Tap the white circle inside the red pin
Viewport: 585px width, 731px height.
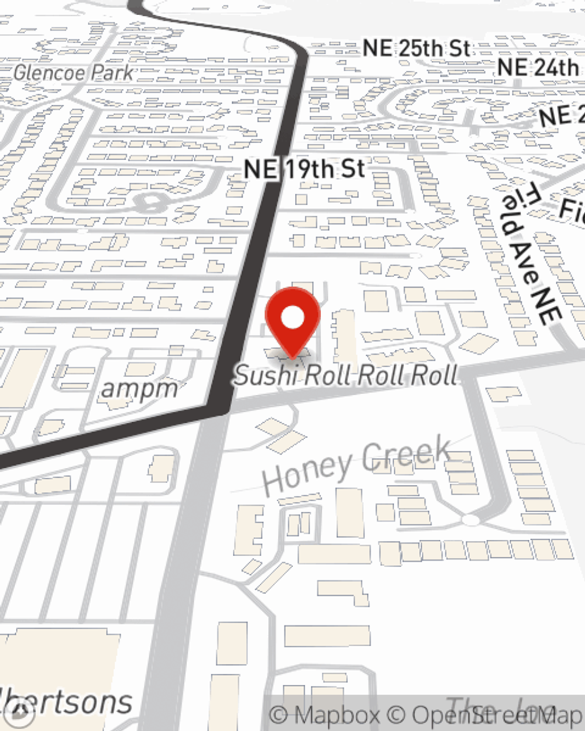[x=292, y=319]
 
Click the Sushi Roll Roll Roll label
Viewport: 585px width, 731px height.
[x=346, y=375]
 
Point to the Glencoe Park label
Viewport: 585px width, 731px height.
[x=73, y=73]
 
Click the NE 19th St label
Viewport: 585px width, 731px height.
[x=304, y=169]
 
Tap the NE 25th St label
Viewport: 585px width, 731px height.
[x=416, y=49]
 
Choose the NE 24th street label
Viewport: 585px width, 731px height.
[x=537, y=67]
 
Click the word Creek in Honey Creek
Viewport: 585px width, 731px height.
[x=406, y=454]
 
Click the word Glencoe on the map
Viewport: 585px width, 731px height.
[x=49, y=73]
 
